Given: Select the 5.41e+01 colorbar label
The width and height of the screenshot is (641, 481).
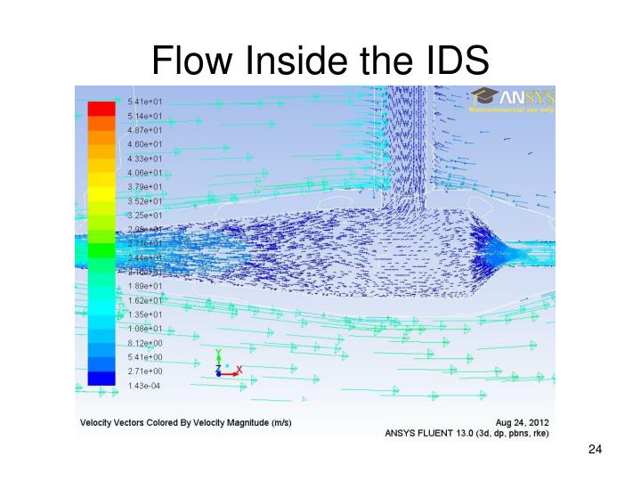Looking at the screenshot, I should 145,102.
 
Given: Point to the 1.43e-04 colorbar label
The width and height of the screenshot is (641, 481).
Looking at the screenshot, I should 145,385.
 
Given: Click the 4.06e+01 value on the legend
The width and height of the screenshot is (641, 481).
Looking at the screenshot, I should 145,173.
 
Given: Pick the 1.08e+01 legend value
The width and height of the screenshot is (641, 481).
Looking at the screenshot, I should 145,329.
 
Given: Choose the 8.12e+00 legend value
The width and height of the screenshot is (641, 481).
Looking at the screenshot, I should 145,343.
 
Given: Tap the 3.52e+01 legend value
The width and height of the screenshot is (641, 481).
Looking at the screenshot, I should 145,201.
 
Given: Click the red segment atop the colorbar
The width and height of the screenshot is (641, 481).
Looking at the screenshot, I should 101,109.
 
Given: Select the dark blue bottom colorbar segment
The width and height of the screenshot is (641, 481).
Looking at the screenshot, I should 101,378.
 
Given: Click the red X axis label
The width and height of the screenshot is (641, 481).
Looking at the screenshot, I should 239,370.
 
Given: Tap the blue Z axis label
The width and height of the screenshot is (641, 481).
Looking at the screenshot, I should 218,370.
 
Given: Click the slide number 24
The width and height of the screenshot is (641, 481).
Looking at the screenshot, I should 596,450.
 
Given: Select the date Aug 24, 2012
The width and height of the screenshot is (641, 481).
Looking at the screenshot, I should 522,421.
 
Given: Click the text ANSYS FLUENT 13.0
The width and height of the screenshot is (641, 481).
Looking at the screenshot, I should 429,434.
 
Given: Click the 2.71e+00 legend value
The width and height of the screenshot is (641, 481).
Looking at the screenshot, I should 145,371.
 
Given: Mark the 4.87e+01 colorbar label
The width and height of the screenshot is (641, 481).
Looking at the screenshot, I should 145,130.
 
